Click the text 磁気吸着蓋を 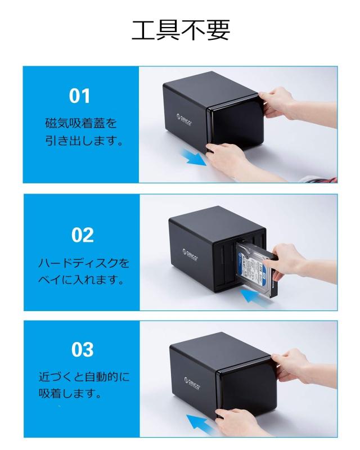coord(81,122)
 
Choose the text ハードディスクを coord(83,263)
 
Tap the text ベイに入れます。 coord(81,280)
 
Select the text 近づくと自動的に coord(83,376)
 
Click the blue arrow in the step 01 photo coord(195,157)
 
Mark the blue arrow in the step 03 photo coord(203,421)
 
